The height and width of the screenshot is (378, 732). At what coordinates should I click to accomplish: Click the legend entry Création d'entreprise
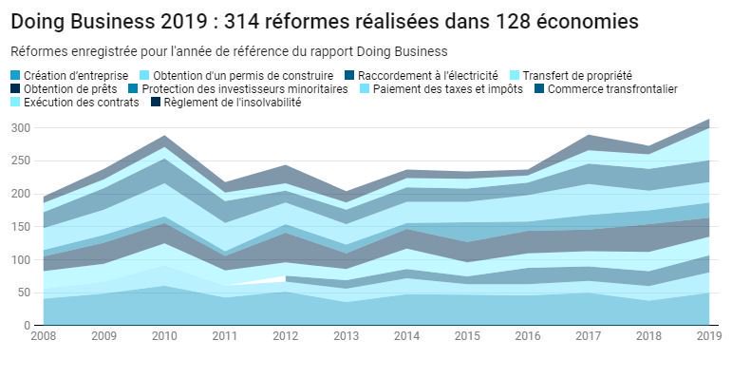coord(71,76)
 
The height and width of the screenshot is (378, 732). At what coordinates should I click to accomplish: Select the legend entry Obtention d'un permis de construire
coord(242,76)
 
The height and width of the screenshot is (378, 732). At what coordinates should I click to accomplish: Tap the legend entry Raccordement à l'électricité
coord(427,76)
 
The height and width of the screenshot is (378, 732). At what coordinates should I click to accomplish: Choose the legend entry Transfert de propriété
coord(576,76)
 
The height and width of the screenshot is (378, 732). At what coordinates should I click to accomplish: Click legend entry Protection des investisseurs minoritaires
coord(244,89)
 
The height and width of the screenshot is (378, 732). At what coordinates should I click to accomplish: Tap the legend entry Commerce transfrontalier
coord(612,89)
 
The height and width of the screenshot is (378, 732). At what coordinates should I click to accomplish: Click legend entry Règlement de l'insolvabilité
coord(233,103)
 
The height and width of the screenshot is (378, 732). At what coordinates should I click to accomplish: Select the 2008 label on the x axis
coord(44,336)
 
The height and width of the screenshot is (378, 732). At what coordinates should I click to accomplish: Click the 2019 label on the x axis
coord(708,336)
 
